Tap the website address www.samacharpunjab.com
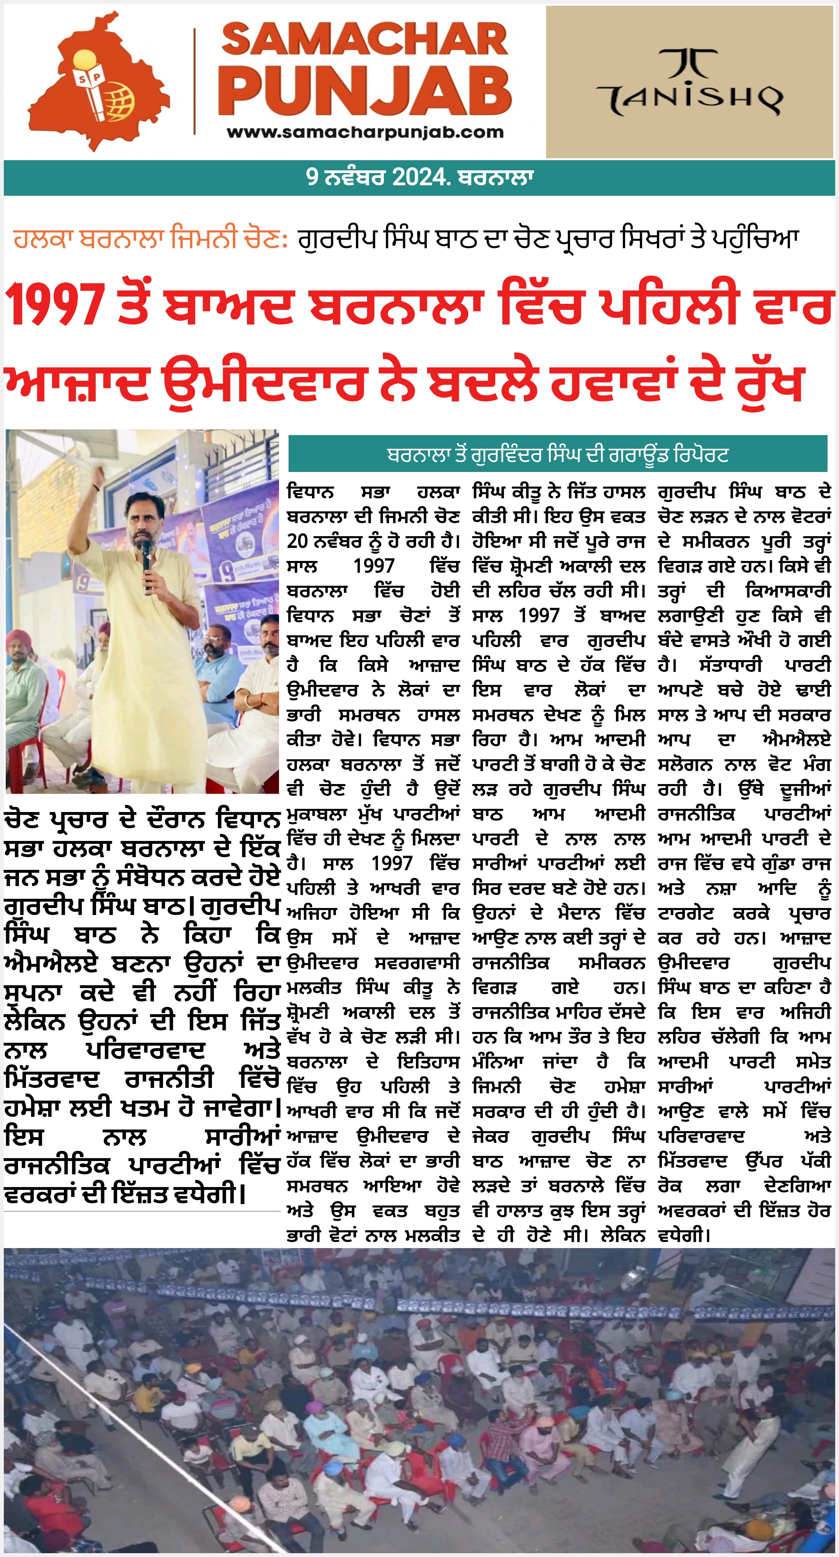tap(365, 132)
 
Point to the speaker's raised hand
tap(96, 477)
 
